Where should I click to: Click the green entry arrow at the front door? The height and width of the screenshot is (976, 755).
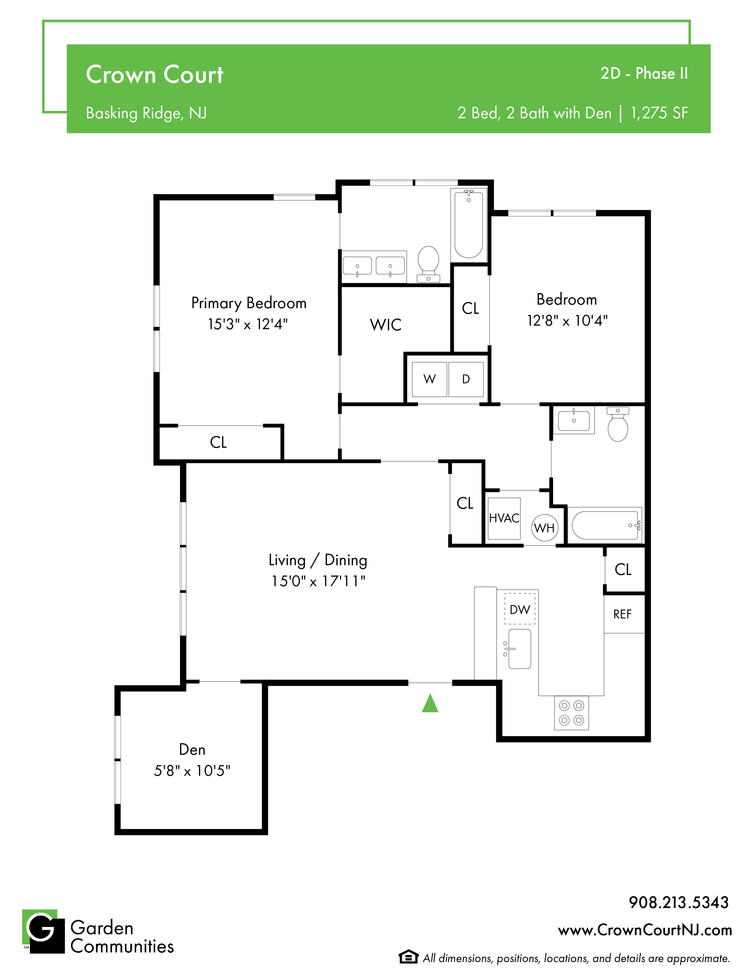click(430, 703)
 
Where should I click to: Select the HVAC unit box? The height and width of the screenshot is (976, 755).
click(504, 518)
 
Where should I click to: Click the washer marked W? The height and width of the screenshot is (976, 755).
click(429, 379)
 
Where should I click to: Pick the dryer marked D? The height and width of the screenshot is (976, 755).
click(466, 379)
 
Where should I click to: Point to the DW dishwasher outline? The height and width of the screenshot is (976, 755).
click(520, 609)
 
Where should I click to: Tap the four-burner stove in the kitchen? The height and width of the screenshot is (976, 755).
click(572, 713)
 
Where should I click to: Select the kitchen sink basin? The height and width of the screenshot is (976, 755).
click(520, 649)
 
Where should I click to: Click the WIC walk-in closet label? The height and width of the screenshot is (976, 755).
click(385, 325)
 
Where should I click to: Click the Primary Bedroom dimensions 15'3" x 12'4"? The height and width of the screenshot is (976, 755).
click(248, 324)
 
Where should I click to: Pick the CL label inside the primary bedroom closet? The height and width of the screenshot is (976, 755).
click(218, 442)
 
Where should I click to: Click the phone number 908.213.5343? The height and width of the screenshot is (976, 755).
click(679, 902)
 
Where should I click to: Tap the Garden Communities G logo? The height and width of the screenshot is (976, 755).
click(44, 932)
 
